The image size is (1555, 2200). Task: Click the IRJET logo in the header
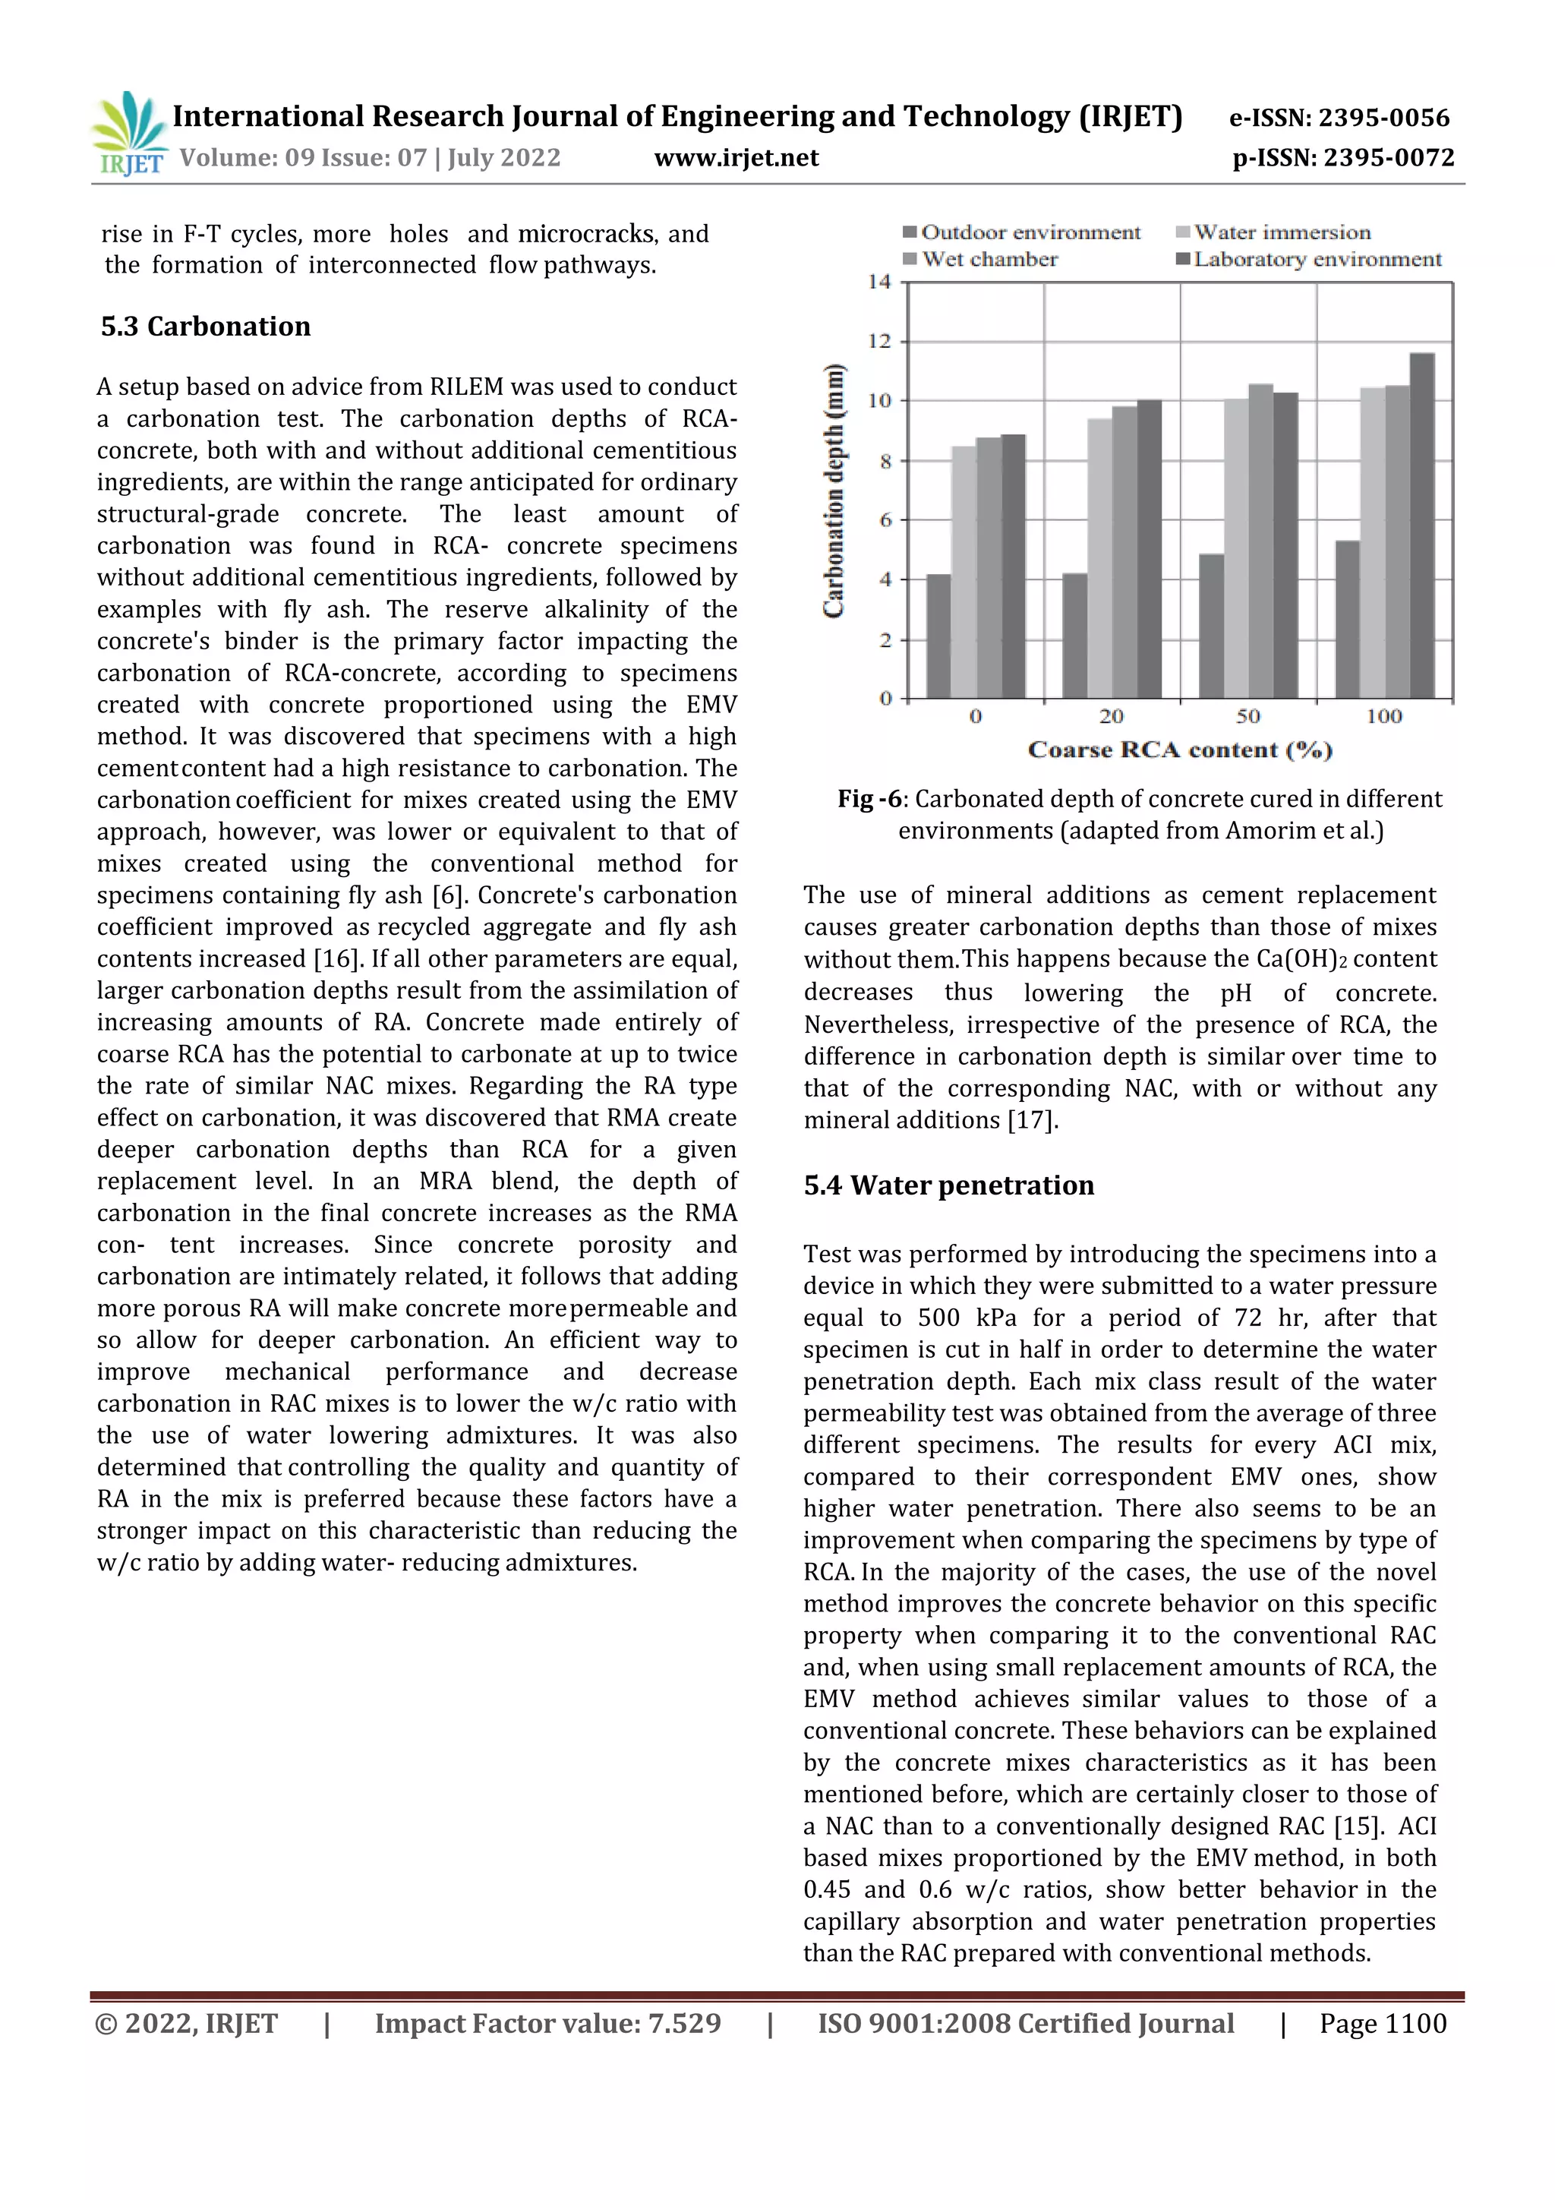tap(129, 134)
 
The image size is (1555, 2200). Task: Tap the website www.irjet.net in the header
tap(736, 158)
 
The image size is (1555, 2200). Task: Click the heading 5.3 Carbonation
tap(206, 327)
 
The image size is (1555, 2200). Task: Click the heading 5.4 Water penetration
tap(948, 1186)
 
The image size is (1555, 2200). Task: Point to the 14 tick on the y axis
tap(878, 282)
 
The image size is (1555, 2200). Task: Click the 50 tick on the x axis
tap(1247, 717)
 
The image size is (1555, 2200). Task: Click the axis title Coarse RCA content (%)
tap(1179, 750)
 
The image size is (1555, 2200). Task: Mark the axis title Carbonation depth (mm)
tap(834, 491)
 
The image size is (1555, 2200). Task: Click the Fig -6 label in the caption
tap(869, 799)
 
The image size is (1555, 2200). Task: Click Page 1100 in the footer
tap(1382, 2024)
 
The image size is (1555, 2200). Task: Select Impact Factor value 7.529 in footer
tap(547, 2024)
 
